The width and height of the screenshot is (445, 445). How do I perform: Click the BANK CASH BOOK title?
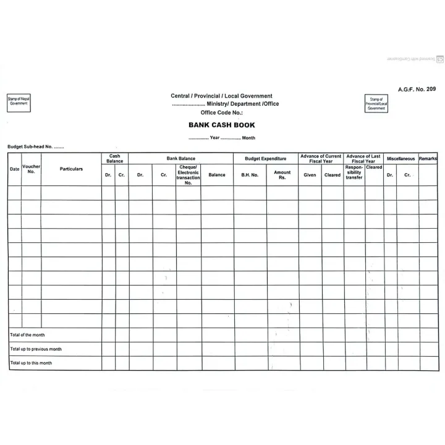[x=221, y=125]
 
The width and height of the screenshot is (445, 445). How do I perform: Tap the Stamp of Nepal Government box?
[x=19, y=103]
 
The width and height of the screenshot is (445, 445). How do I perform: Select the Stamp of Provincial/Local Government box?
[x=376, y=103]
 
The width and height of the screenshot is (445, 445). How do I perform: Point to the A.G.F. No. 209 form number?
[x=417, y=90]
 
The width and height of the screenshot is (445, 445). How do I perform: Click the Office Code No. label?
[x=221, y=113]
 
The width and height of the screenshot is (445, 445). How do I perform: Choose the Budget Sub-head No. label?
[x=35, y=147]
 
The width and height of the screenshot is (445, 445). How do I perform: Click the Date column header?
[x=14, y=169]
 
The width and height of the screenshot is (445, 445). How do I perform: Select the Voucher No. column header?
[x=31, y=169]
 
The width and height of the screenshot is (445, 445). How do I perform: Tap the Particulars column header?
[x=71, y=169]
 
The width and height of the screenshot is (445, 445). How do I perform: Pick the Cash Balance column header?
[x=115, y=159]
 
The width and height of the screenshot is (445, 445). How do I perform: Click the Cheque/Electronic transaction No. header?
[x=188, y=175]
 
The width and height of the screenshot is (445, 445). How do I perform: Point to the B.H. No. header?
[x=250, y=175]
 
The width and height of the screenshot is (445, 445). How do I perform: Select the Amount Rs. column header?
[x=282, y=175]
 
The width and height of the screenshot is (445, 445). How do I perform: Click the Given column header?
[x=310, y=175]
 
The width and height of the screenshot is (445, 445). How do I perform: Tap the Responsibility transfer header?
[x=354, y=172]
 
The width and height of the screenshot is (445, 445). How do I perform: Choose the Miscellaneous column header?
[x=400, y=159]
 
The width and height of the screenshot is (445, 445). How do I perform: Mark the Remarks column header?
[x=428, y=159]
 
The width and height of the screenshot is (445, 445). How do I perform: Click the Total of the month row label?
[x=28, y=335]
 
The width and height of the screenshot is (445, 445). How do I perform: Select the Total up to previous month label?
[x=36, y=349]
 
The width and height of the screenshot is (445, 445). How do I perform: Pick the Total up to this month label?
[x=32, y=363]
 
